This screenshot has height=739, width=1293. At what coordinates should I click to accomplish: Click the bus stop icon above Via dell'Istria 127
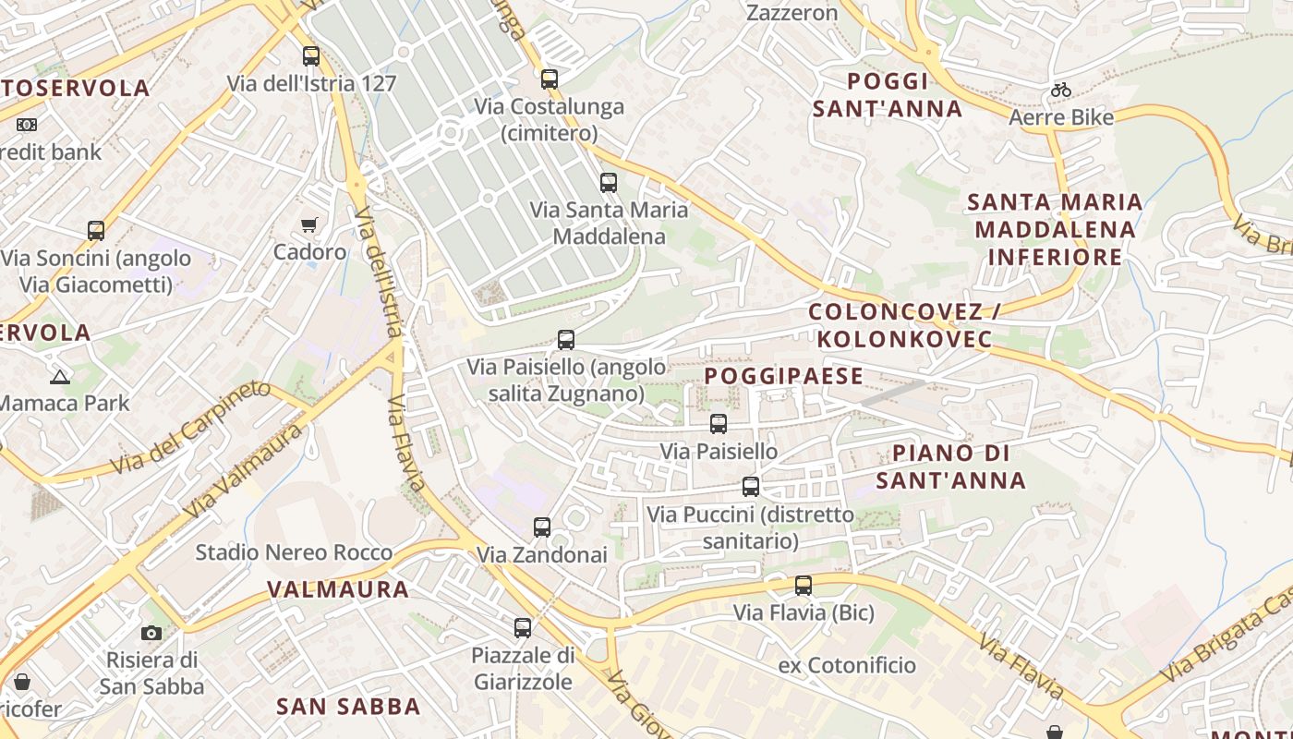311,56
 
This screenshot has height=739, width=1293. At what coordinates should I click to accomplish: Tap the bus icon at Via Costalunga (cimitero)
550,79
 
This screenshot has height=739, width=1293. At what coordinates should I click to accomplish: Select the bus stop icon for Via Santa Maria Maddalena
608,183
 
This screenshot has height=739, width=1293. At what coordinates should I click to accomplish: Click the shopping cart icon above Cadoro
309,224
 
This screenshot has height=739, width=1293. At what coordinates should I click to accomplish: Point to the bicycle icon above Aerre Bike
1061,91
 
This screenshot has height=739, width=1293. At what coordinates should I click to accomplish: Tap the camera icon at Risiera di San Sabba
151,633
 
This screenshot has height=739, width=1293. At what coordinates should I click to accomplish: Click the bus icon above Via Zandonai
542,527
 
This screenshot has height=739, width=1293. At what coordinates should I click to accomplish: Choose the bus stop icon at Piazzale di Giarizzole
523,628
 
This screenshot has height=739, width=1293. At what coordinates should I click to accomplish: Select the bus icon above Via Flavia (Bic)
804,586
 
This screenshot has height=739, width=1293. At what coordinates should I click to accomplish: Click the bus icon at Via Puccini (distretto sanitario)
751,487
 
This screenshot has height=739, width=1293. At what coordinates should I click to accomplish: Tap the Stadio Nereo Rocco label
294,553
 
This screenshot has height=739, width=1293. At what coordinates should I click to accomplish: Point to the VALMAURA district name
338,589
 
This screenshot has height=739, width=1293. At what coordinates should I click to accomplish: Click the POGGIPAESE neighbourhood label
784,376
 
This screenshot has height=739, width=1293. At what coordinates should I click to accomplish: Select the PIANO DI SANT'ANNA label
951,466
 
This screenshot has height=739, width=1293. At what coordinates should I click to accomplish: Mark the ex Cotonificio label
847,665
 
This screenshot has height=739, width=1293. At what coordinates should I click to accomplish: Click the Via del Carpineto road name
189,430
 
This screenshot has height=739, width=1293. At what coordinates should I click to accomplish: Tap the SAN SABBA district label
349,707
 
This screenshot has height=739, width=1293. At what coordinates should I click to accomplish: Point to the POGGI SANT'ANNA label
888,94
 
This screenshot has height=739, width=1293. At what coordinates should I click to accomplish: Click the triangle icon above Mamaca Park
60,377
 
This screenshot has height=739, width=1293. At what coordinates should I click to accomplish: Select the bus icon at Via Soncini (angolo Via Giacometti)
96,231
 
